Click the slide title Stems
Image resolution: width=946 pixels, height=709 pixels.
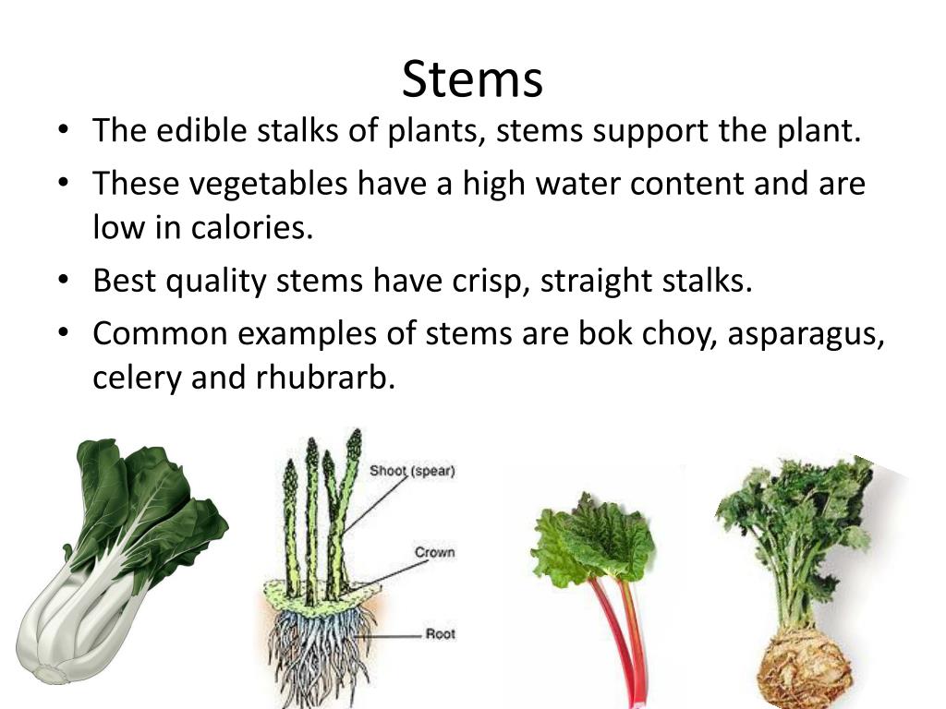(x=472, y=79)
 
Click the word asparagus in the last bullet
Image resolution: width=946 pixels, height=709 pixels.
(x=807, y=333)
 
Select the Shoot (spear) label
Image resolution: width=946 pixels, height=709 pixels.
(x=412, y=471)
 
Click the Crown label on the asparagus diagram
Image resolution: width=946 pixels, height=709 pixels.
(x=434, y=552)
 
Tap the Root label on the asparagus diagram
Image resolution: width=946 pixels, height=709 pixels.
(x=440, y=634)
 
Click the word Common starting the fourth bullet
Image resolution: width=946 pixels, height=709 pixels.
(x=157, y=333)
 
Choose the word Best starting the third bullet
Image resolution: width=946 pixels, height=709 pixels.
(x=125, y=281)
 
